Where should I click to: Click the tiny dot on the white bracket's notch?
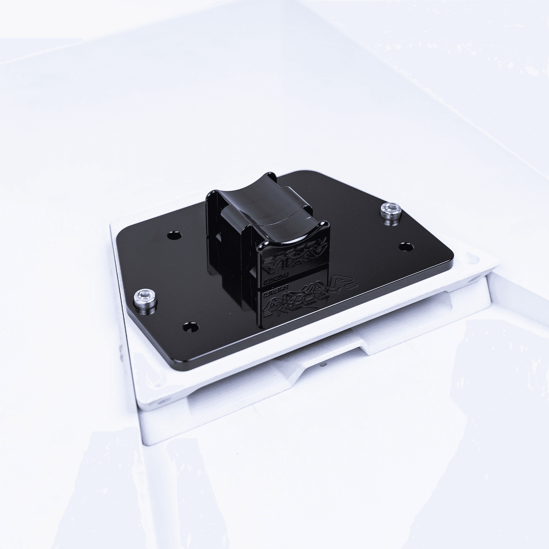point(323,365)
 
